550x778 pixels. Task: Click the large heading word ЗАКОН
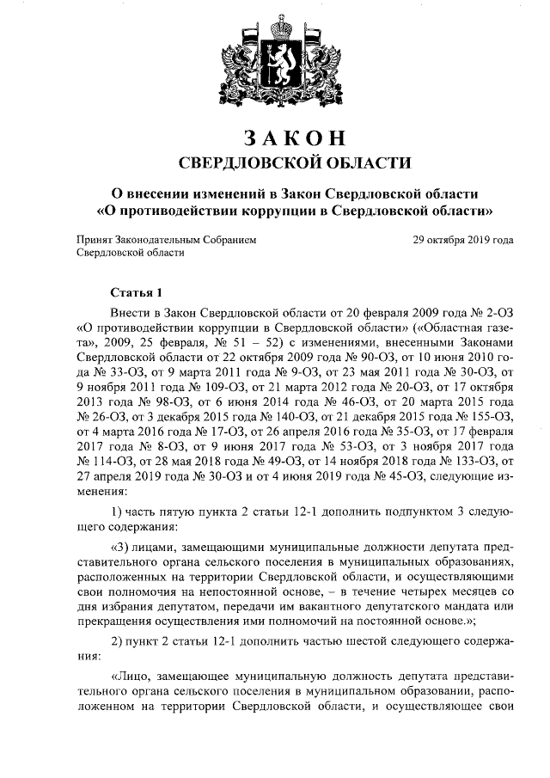click(x=274, y=138)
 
